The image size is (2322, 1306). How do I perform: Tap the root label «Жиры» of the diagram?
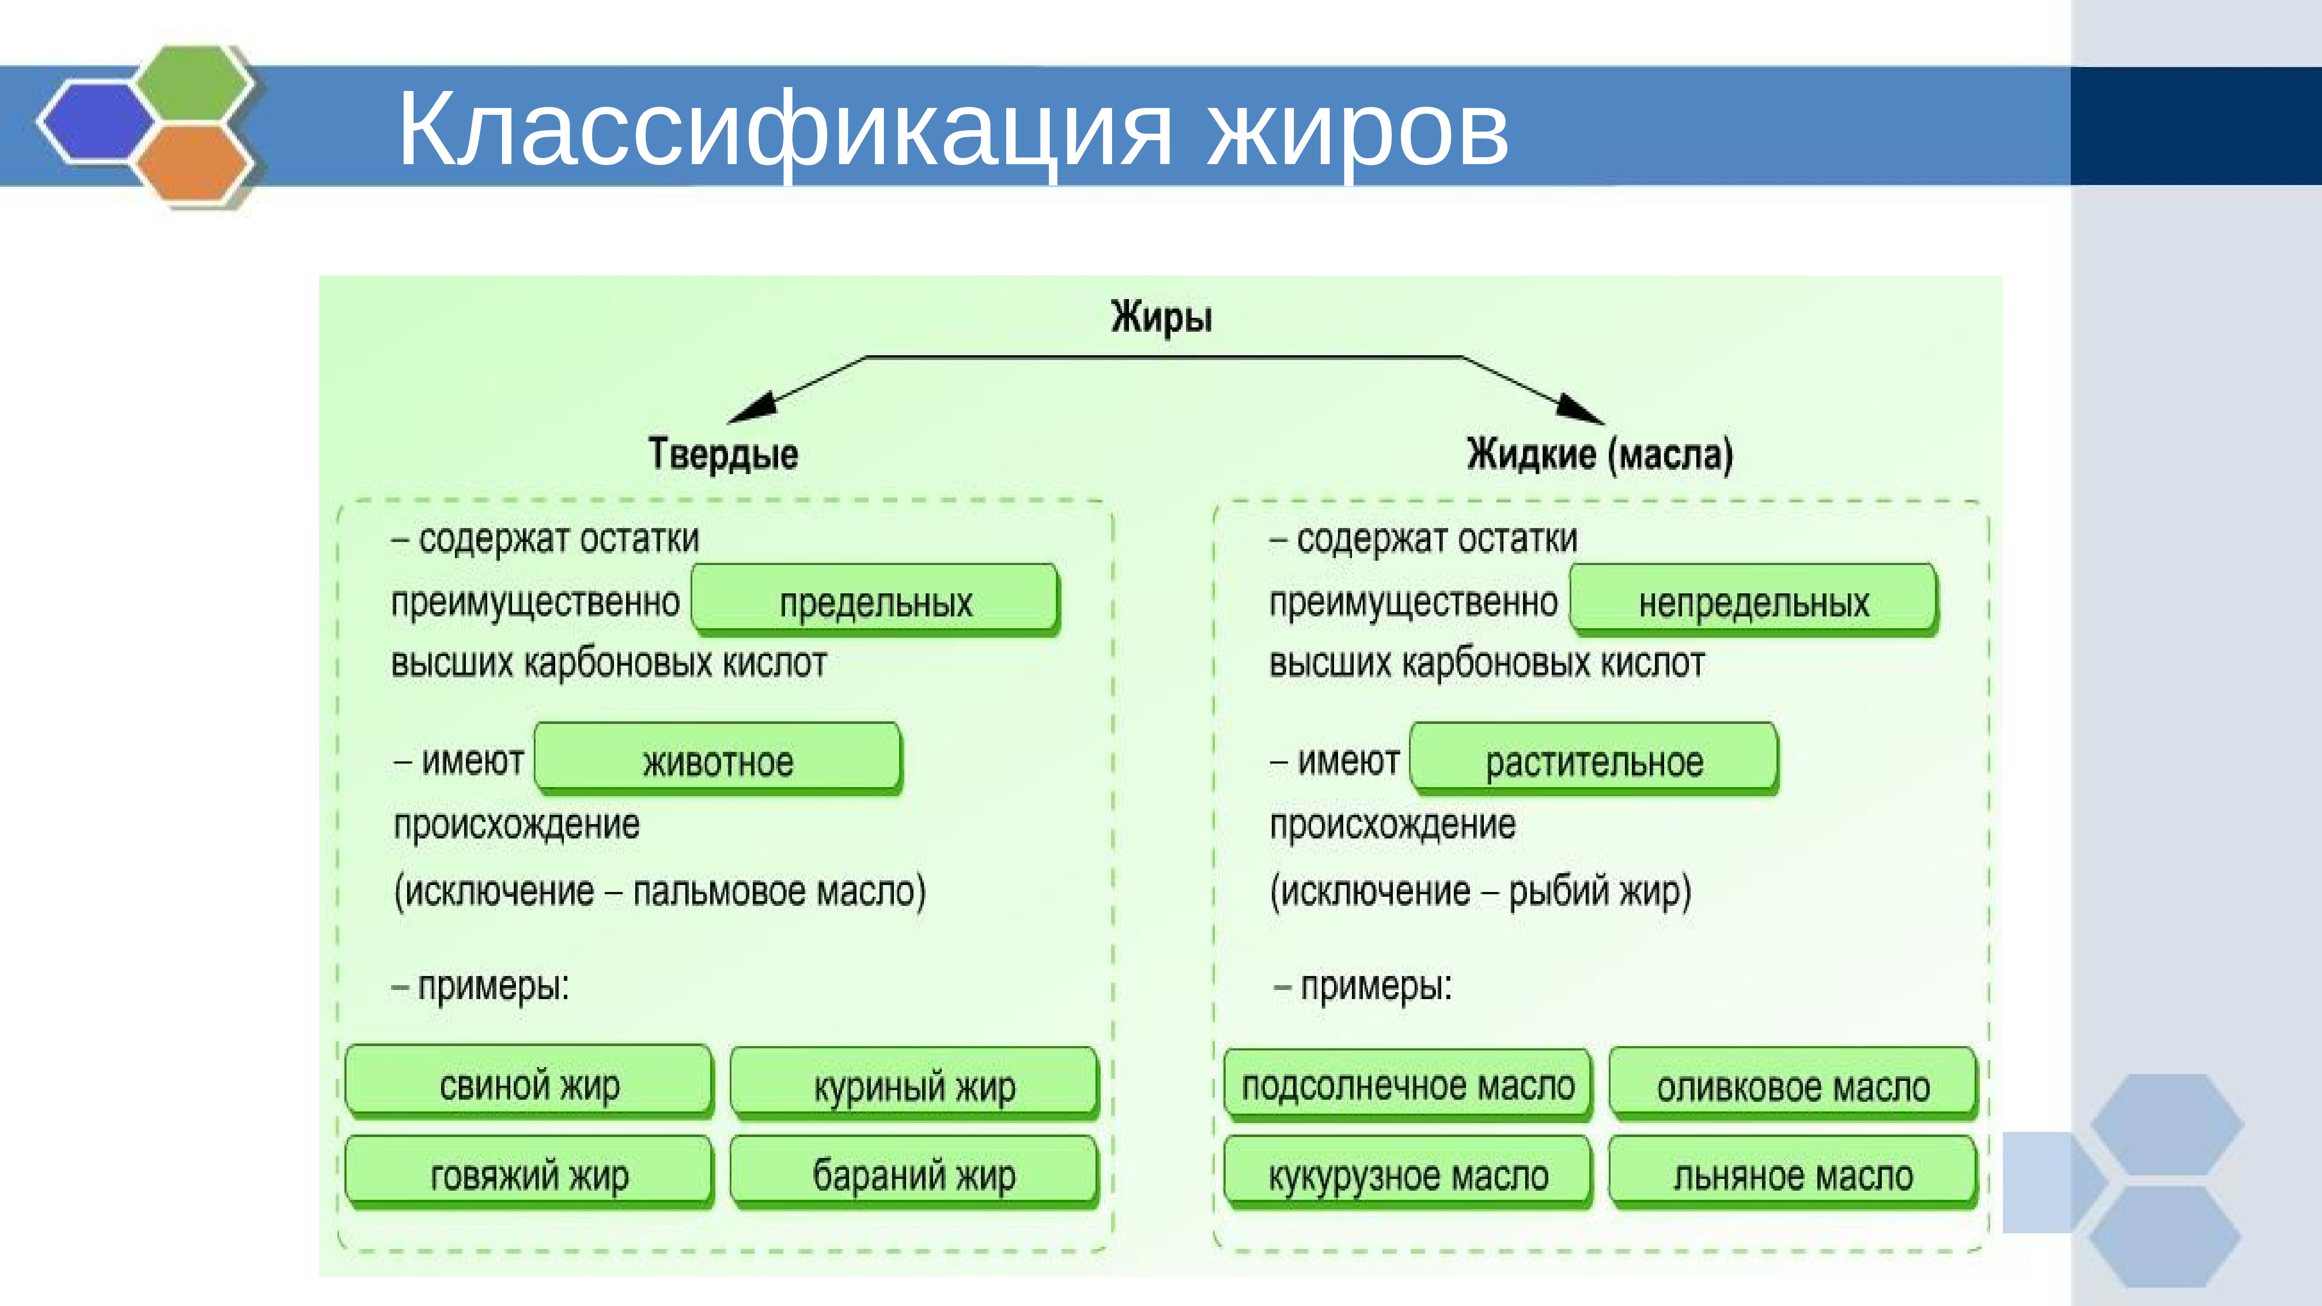point(1161,317)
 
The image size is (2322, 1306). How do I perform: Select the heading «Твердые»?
point(723,453)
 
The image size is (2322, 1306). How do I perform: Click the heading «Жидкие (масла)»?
point(1599,453)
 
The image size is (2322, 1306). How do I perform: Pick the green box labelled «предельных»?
point(875,600)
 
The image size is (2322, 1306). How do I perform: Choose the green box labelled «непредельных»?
point(1753,600)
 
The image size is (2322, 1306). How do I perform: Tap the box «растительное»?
point(1594,760)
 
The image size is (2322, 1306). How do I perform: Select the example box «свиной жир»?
point(529,1084)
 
